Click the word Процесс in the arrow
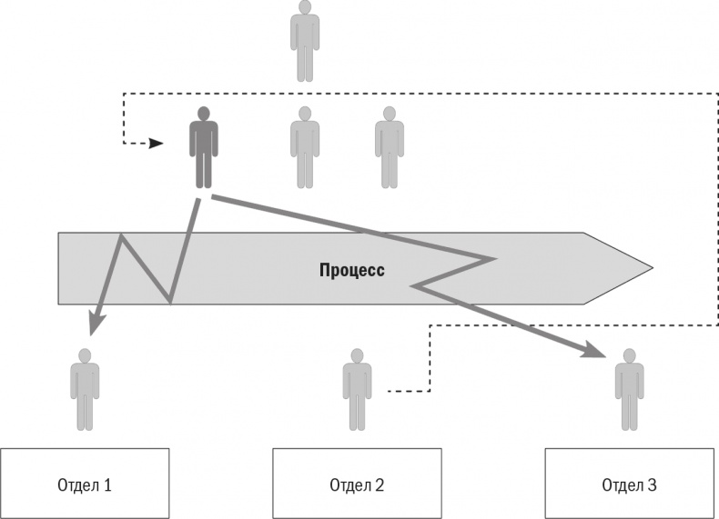352,270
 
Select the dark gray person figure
204,147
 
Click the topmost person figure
305,41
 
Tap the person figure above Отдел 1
85,389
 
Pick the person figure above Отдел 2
357,389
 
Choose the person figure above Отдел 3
629,389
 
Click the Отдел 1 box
85,484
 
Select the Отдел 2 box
358,484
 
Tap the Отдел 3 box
629,484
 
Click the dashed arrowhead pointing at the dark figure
157,144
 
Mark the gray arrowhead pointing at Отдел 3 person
598,352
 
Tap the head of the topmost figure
305,7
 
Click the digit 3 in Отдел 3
652,484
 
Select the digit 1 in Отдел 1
107,484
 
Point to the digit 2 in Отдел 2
380,484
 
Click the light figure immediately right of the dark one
305,147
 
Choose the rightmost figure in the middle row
390,147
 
